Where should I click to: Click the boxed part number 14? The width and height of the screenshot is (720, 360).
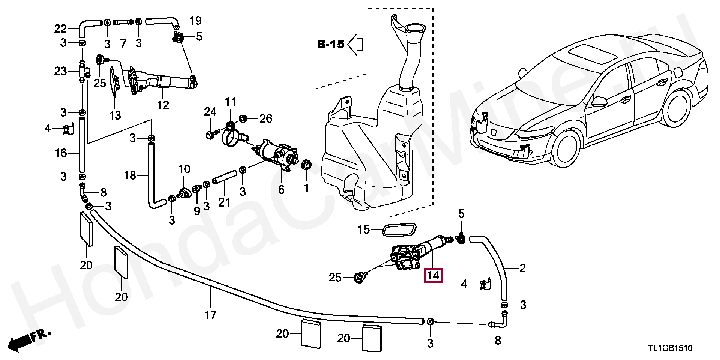point(433,275)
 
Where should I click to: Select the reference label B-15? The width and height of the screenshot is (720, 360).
point(330,45)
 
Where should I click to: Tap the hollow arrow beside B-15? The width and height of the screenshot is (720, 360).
point(355,45)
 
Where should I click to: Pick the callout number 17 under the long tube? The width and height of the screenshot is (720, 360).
point(210,314)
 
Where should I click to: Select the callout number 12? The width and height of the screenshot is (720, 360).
point(163,105)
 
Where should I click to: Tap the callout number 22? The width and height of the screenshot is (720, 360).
point(60,29)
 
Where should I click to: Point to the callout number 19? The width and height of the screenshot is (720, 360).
point(195,20)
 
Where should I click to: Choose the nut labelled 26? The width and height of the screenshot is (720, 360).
point(243,119)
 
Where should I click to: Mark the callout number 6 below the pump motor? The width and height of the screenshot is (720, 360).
point(281,189)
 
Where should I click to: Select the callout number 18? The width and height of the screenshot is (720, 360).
point(130,175)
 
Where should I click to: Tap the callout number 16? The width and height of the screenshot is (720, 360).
point(60,153)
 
